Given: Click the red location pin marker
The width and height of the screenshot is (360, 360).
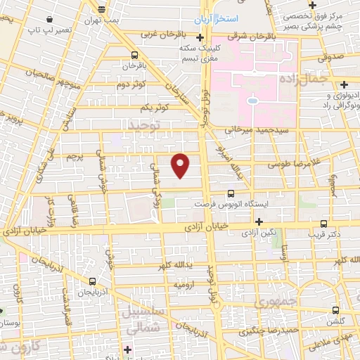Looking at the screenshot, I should pyautogui.click(x=181, y=165).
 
